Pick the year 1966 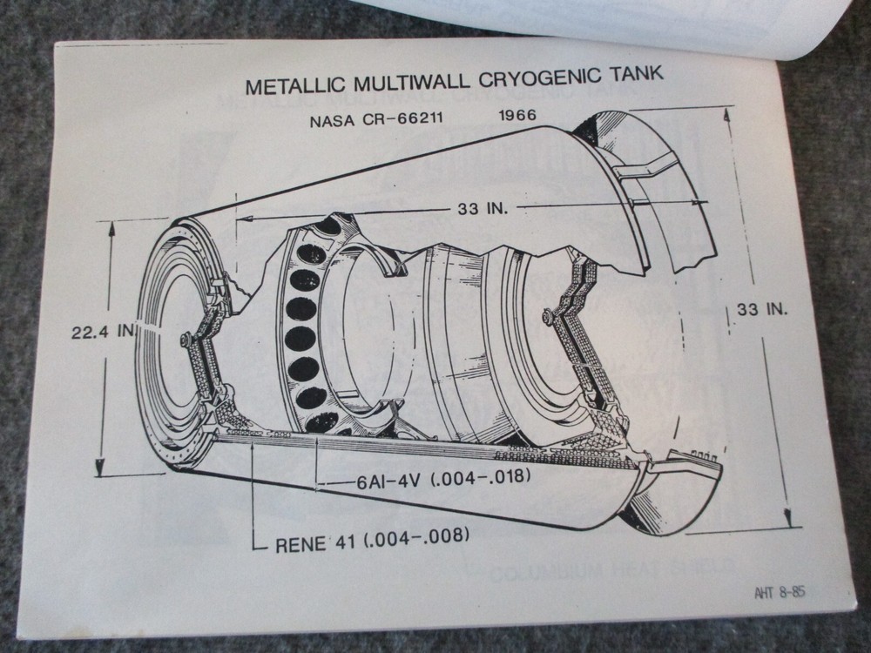coord(519,115)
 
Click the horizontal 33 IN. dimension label coord(483,209)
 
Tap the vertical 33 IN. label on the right coord(761,309)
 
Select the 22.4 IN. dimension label coord(103,330)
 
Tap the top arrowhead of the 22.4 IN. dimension coord(111,226)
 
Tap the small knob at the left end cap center coord(186,340)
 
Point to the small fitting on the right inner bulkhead coord(547,316)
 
